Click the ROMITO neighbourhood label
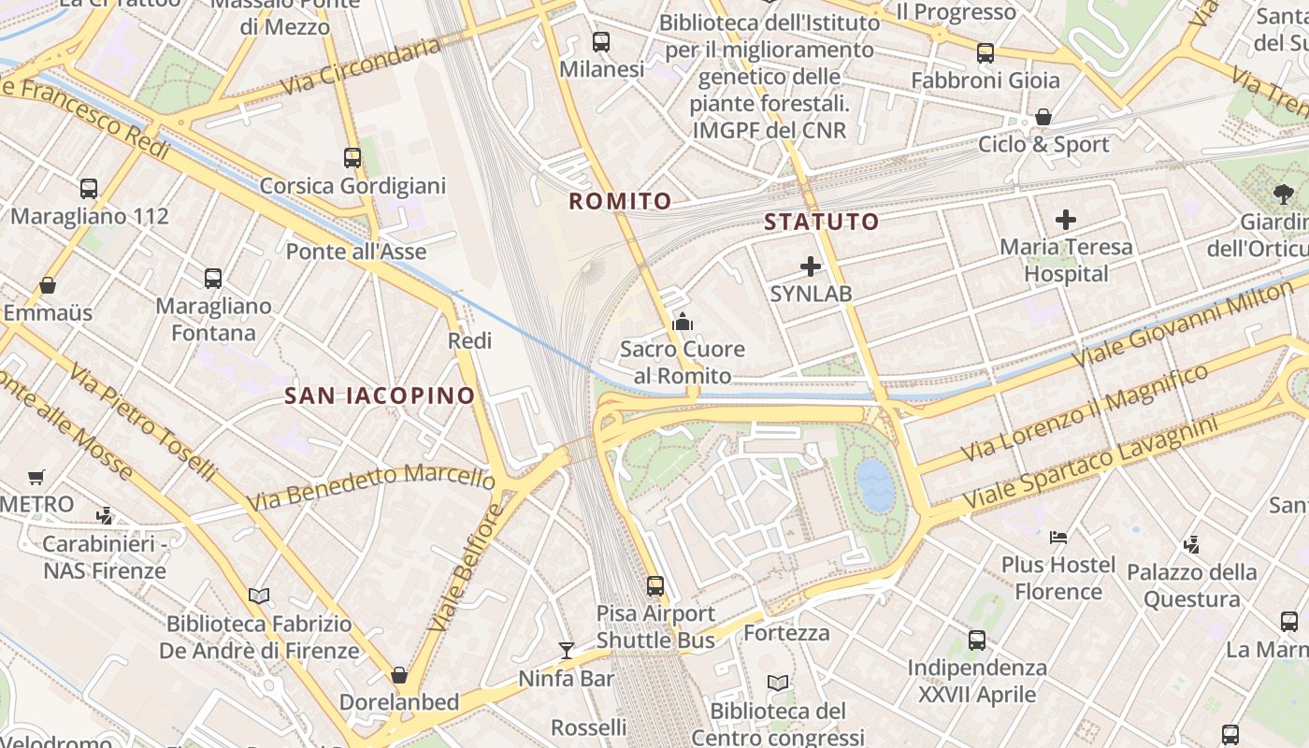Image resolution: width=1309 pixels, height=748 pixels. point(620,201)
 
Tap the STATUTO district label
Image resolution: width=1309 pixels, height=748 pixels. point(821,222)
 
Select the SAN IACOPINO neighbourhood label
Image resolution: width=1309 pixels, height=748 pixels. point(380,396)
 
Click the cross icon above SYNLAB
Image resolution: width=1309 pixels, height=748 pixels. point(811,266)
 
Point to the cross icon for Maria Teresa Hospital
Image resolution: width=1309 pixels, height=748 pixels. point(1065,220)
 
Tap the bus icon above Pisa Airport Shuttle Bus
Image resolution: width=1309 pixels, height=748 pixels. point(655,586)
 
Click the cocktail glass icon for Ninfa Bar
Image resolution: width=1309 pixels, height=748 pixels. point(566,650)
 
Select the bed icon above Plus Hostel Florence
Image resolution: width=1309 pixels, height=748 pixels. point(1057,537)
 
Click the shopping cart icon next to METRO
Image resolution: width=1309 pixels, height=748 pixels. point(36,478)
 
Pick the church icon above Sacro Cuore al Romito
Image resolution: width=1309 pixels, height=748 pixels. point(683,323)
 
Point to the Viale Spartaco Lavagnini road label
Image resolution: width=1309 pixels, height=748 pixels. point(1090,465)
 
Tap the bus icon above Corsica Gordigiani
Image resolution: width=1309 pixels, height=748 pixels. point(352,157)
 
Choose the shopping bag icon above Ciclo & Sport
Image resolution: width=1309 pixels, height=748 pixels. point(1043,117)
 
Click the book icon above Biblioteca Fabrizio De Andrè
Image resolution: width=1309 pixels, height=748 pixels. point(259,596)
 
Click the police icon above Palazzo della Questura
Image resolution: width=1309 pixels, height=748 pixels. point(1191,543)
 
